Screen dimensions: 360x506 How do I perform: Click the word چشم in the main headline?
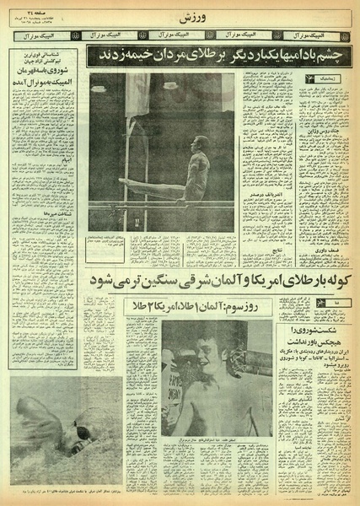click(330, 55)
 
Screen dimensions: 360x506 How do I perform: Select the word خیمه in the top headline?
click(123, 55)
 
